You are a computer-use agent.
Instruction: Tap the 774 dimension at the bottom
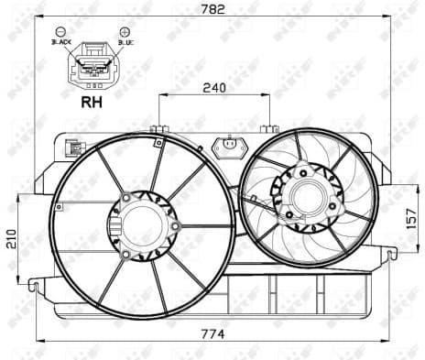tap(213, 333)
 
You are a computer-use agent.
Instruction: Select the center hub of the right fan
tap(304, 195)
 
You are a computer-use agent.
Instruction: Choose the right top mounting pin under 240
tap(269, 129)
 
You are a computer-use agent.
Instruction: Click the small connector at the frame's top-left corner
tap(73, 148)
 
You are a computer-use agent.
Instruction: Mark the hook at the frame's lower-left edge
tap(33, 285)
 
